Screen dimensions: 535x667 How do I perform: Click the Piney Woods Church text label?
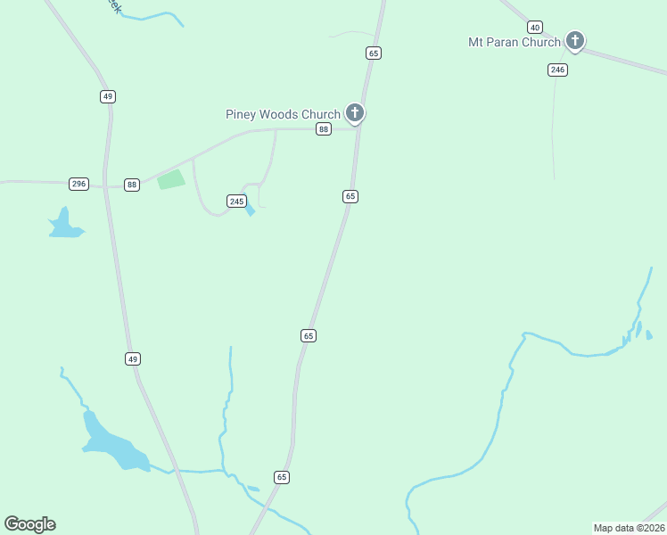(283, 114)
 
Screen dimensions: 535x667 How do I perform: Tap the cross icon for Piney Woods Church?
(355, 112)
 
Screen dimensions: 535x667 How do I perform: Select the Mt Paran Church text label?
(515, 42)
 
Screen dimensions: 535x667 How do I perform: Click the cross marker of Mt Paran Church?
(575, 40)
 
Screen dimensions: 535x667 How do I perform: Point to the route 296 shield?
(78, 184)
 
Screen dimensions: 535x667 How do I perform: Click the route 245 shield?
(236, 202)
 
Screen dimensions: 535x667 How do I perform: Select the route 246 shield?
(557, 70)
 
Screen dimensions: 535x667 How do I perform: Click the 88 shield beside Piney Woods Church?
(324, 129)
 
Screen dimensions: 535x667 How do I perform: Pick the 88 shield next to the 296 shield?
(132, 185)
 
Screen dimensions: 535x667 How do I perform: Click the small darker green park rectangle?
(171, 179)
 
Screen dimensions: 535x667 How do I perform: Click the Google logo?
(29, 524)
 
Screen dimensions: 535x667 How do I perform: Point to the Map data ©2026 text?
(629, 528)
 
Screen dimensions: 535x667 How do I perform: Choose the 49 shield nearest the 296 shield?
(108, 96)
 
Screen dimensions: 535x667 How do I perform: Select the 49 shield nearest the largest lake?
(133, 358)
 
